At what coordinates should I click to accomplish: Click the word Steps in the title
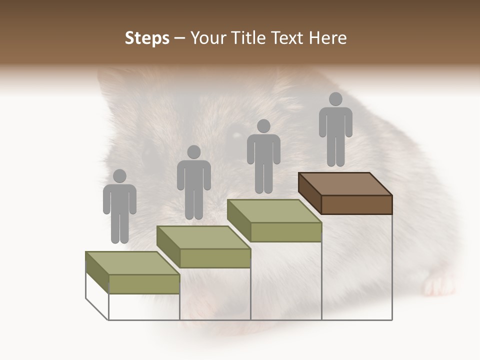click(x=147, y=38)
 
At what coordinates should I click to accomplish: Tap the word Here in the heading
click(x=327, y=38)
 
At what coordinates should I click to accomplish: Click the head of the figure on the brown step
click(x=335, y=99)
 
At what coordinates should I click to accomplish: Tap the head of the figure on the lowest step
click(x=119, y=176)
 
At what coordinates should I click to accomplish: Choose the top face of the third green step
click(x=274, y=211)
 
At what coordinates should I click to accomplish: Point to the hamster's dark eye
click(x=234, y=135)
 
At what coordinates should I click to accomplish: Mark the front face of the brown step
click(x=356, y=204)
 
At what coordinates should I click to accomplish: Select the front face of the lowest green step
click(x=144, y=284)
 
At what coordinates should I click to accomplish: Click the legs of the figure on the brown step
click(x=335, y=150)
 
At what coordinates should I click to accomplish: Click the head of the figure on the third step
click(x=263, y=126)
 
